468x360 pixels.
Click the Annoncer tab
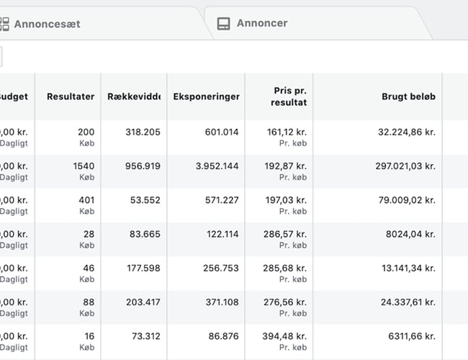click(x=261, y=23)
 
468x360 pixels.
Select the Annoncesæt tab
click(x=47, y=24)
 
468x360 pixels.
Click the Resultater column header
click(x=70, y=96)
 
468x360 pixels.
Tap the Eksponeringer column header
click(x=206, y=96)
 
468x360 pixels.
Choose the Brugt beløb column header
click(x=408, y=96)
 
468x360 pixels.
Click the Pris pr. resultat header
click(x=290, y=96)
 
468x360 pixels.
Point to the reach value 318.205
click(x=143, y=132)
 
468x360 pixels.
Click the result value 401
click(x=86, y=199)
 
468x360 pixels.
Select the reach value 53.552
click(x=145, y=199)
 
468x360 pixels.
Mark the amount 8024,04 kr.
click(x=411, y=233)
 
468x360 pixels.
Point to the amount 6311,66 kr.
click(x=411, y=336)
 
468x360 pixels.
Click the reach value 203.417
click(x=143, y=302)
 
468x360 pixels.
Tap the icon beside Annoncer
click(x=224, y=24)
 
